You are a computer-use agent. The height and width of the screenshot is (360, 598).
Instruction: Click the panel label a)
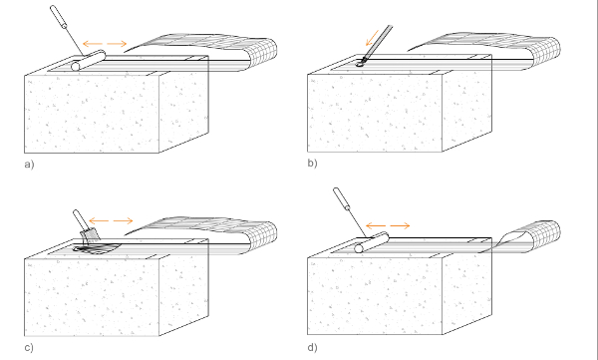[x=29, y=165]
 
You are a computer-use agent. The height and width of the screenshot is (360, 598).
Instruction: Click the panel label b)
[x=312, y=163]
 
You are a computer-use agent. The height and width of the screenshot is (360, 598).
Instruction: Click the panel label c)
[x=29, y=347]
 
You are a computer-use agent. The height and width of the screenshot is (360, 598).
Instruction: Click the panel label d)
[x=312, y=347]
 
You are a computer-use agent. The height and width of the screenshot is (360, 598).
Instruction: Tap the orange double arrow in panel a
[x=105, y=44]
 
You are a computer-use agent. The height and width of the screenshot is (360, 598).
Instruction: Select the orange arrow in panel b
[x=372, y=38]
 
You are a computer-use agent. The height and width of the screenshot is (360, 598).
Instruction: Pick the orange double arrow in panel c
[x=111, y=220]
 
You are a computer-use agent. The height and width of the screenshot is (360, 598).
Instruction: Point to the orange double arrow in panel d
[x=388, y=226]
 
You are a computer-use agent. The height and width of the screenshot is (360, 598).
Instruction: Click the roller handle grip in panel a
[x=59, y=17]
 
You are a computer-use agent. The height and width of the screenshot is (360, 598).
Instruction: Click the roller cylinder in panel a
[x=88, y=61]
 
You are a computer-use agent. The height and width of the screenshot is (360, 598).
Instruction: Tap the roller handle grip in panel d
[x=342, y=198]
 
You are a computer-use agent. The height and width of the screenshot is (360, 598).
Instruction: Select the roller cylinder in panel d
[x=372, y=242]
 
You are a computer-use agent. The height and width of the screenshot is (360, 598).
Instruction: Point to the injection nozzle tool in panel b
[x=376, y=44]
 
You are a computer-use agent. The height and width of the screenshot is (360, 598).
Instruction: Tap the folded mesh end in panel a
[x=263, y=53]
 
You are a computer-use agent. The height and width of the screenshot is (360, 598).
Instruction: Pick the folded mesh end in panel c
[x=263, y=236]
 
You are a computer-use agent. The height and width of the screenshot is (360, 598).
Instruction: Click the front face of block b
[x=375, y=113]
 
